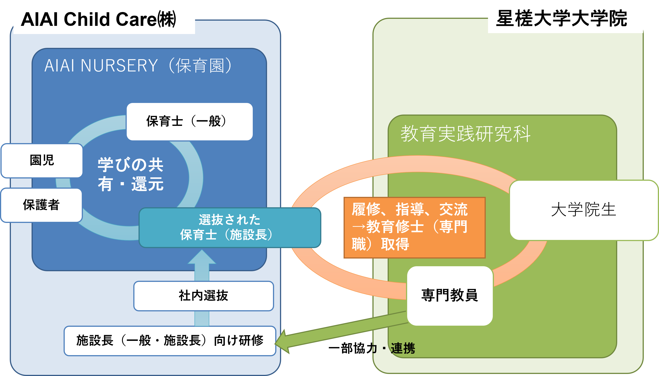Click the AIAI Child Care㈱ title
point(98,20)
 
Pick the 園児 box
point(42,160)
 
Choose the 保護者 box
point(41,205)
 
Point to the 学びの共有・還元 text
point(130,174)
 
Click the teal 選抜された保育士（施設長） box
point(230,227)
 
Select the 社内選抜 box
point(203,296)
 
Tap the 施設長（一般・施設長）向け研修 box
point(170,341)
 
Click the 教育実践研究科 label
point(465,134)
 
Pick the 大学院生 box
point(584,210)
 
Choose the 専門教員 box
point(450,296)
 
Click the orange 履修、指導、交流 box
point(414,227)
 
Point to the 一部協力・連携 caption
point(372,348)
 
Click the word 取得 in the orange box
point(395,244)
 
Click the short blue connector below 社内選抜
point(202,318)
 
